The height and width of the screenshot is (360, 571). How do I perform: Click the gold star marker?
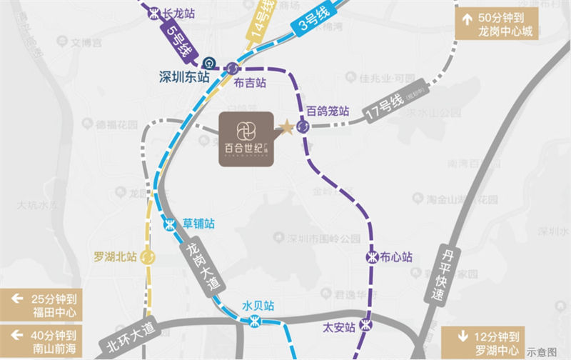click(285, 127)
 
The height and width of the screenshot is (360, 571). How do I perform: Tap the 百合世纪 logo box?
click(245, 139)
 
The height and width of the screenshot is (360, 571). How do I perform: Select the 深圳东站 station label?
click(186, 74)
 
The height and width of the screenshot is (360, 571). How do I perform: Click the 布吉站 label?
click(250, 83)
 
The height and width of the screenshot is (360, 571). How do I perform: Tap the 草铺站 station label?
click(198, 223)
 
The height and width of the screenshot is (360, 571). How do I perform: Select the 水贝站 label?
click(258, 306)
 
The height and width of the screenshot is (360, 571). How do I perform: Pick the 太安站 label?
click(339, 328)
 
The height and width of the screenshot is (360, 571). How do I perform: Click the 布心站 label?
click(398, 256)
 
